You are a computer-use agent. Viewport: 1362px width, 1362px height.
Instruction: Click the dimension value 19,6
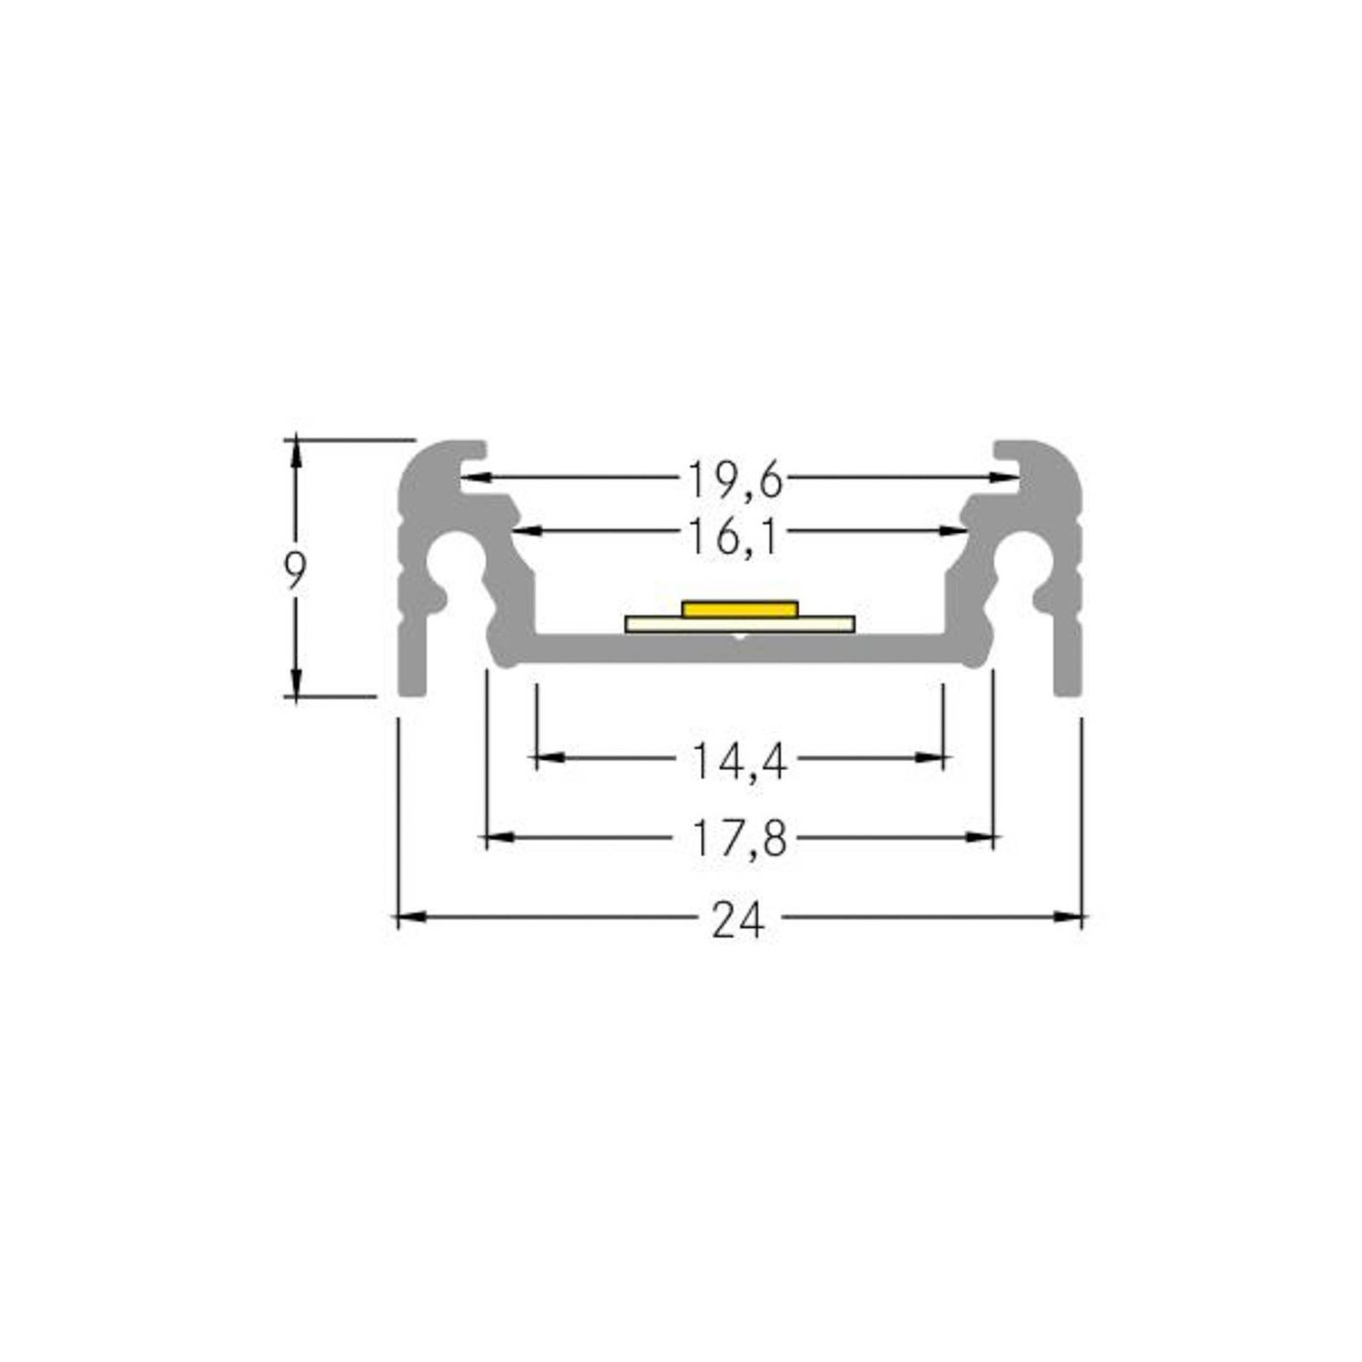735,479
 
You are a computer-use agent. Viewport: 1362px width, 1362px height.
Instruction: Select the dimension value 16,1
734,537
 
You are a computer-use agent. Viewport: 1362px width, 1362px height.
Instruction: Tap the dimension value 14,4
739,761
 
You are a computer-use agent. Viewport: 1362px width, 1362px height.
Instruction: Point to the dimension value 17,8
739,838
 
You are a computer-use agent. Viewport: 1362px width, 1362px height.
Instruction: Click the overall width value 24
738,921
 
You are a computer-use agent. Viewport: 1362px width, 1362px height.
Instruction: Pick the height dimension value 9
295,569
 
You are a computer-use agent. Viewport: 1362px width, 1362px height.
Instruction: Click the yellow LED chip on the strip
740,608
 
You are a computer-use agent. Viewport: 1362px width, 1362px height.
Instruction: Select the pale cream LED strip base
740,624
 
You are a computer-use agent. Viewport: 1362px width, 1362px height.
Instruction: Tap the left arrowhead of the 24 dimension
411,917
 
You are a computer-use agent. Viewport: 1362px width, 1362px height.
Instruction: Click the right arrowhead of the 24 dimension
1069,917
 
